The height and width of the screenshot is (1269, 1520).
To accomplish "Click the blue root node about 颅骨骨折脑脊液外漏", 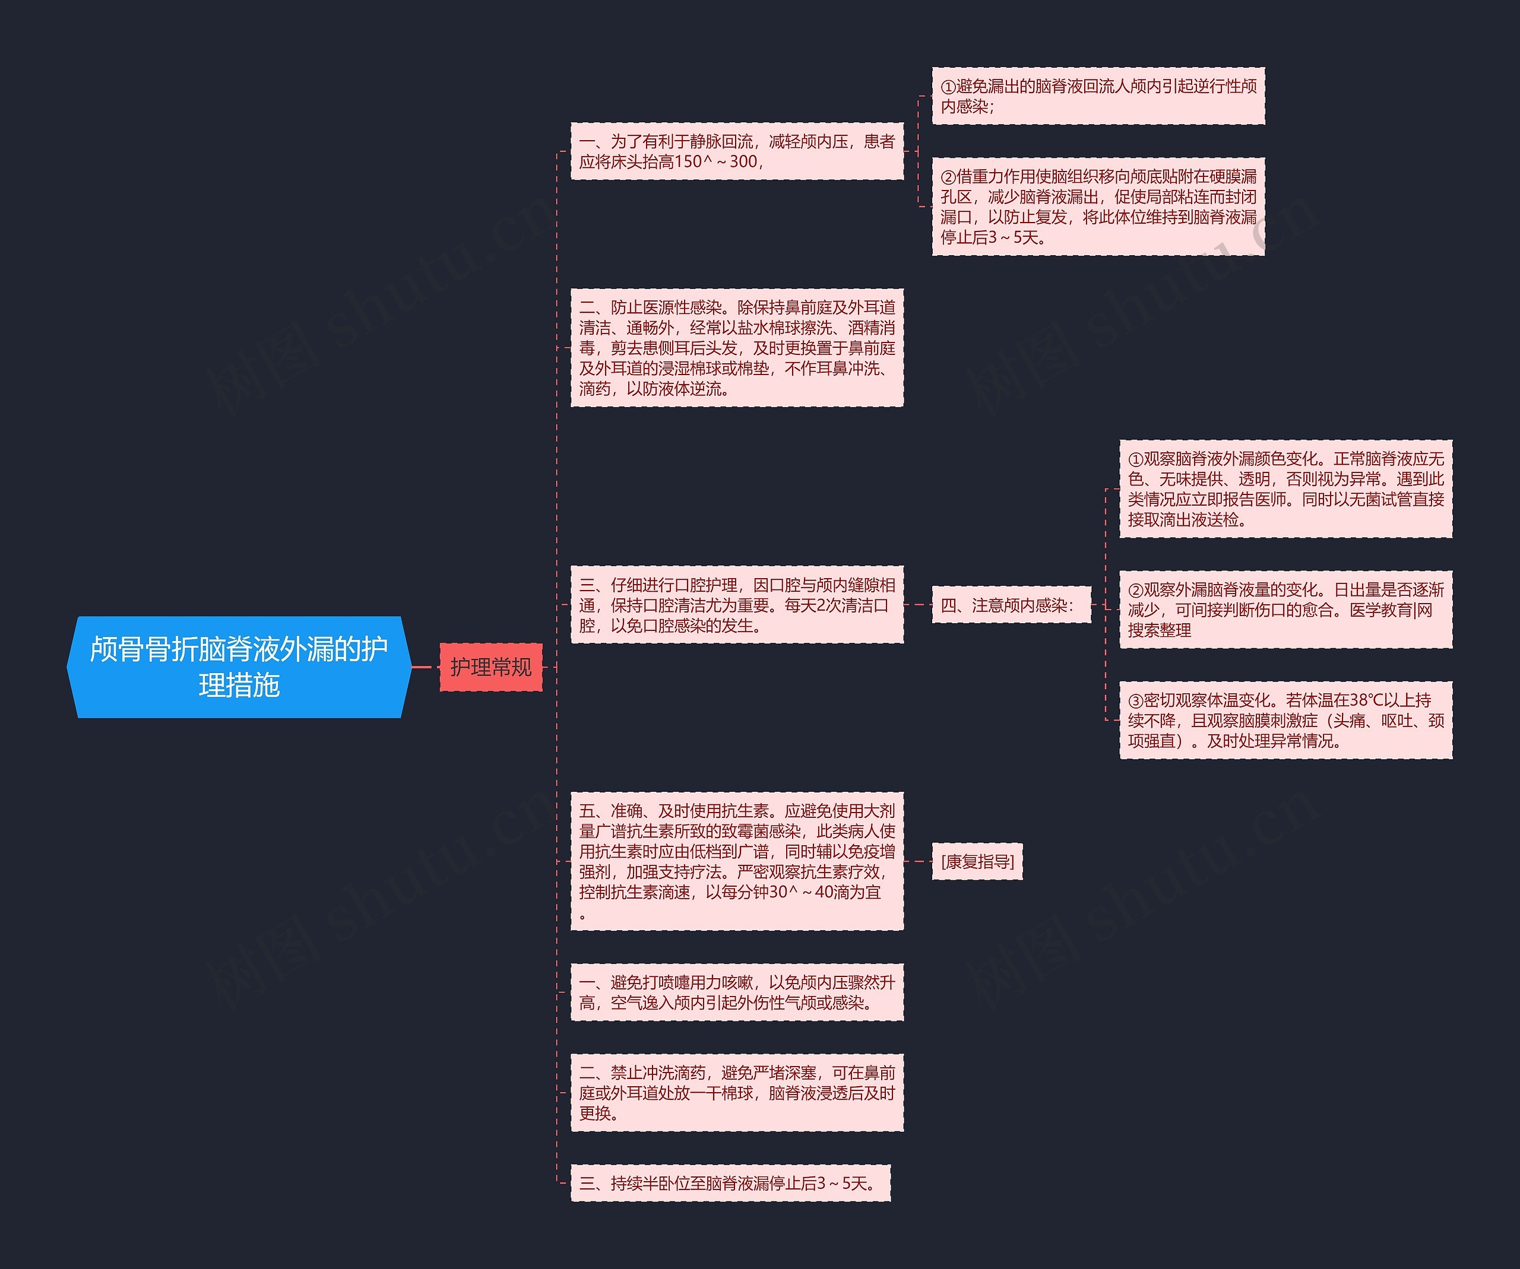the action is point(239,667).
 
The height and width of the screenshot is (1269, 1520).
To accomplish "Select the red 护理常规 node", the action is point(491,667).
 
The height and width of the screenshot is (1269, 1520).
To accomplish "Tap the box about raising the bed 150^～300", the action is point(737,151).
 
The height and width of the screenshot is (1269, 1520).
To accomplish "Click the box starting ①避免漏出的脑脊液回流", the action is point(1097,96).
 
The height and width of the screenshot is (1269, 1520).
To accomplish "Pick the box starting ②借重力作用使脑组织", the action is point(1097,206).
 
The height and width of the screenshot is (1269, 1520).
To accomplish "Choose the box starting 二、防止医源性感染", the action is point(737,347).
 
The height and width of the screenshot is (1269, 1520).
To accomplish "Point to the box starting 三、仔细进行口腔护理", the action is point(737,604).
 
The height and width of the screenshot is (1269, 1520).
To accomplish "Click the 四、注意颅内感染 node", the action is point(1011,605).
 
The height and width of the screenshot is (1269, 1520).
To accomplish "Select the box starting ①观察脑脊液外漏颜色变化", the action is point(1285,488).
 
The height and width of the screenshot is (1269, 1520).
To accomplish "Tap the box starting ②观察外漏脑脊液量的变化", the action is point(1285,609).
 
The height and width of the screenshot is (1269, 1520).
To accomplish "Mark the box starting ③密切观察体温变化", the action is point(1285,720).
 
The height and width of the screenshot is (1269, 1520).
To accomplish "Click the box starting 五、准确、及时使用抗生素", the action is point(737,861).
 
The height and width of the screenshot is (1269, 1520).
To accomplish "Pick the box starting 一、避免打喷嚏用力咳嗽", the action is point(737,992).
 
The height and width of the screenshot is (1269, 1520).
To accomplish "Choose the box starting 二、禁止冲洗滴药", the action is point(737,1093).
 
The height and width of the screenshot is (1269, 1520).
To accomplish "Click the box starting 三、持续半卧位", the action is point(730,1183).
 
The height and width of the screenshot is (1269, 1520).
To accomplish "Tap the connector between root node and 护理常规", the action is point(425,667).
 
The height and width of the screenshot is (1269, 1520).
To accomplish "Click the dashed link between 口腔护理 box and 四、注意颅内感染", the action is point(918,604).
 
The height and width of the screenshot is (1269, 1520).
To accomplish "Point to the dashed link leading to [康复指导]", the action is point(918,861).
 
